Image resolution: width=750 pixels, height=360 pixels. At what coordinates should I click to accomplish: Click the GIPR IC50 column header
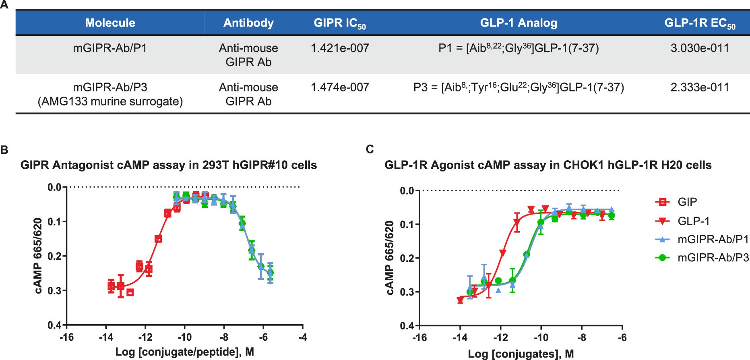tap(339, 23)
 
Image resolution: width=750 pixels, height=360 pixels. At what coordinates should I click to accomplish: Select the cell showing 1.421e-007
tap(339, 48)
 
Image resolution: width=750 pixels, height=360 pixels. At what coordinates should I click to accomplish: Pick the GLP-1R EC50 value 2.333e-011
tap(699, 87)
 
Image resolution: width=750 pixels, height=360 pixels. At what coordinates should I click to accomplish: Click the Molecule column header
tap(110, 23)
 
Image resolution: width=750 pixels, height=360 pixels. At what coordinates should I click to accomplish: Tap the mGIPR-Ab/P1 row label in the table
tap(110, 48)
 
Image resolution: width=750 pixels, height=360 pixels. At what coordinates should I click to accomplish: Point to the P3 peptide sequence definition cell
tap(519, 87)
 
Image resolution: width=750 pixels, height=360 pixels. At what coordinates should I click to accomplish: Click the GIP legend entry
tap(687, 202)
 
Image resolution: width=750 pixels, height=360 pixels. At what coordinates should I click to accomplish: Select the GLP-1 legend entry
tap(693, 221)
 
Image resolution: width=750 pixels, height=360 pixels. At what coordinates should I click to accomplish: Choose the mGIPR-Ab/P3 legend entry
tap(713, 258)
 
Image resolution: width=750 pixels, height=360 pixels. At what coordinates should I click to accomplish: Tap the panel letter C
tap(370, 149)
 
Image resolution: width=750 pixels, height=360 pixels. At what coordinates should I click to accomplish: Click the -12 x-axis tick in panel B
tap(145, 337)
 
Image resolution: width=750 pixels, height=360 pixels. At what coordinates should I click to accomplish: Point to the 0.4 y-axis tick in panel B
tap(54, 325)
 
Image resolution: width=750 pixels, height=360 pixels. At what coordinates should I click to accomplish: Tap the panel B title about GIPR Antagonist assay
tap(168, 165)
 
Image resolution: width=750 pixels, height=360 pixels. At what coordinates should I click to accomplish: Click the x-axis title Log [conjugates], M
tap(521, 354)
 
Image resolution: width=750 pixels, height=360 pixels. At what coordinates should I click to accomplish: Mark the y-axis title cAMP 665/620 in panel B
tap(38, 256)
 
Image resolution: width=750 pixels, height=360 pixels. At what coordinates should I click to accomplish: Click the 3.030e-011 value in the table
tap(699, 48)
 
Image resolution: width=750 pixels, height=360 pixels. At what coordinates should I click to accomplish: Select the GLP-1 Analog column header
tap(518, 23)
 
